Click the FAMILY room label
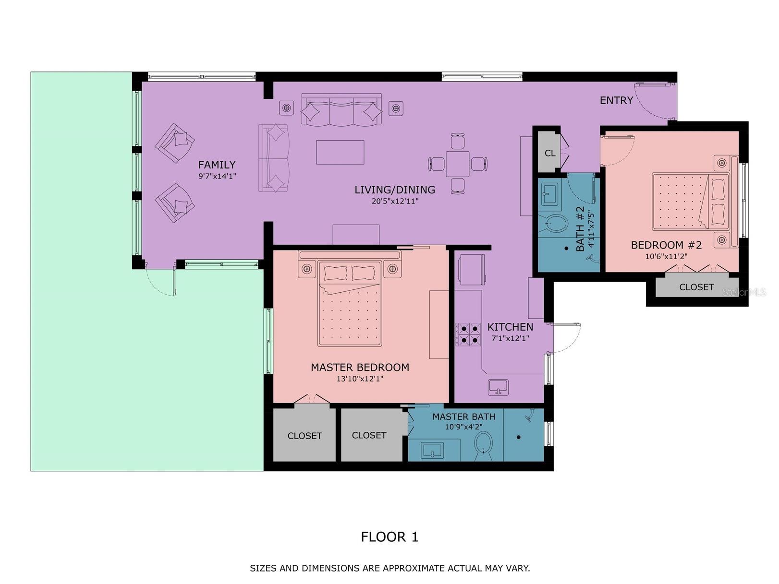point(217,165)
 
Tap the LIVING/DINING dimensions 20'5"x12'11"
point(395,202)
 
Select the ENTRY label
point(616,100)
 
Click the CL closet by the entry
point(549,153)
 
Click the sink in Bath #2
point(548,194)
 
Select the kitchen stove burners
point(468,334)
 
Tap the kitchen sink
point(498,387)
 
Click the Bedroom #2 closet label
point(696,287)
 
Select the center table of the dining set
point(457,164)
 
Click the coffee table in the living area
point(340,152)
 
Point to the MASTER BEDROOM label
point(360,368)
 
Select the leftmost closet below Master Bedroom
point(304,436)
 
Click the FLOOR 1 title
point(389,536)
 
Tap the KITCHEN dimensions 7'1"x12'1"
point(510,338)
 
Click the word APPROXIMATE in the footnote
point(413,568)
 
